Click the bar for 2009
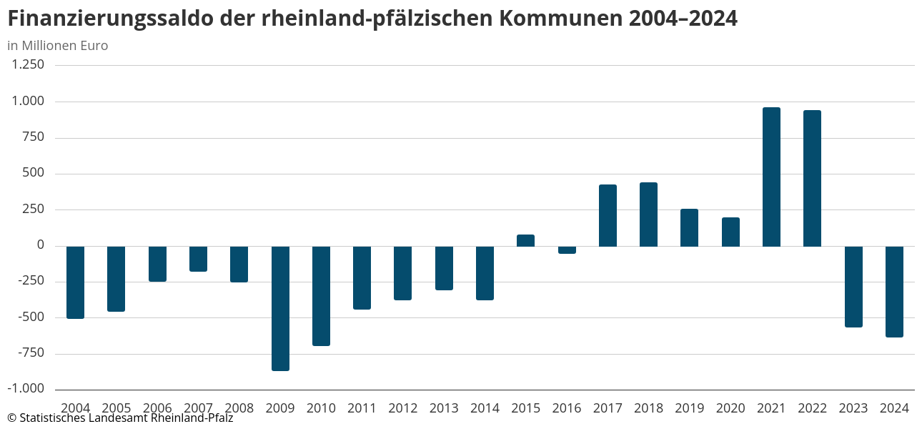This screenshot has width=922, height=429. pos(280,308)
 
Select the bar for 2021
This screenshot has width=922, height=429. pos(771,177)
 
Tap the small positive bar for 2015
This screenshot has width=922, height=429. pos(525,240)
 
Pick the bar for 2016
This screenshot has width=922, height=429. pos(567,250)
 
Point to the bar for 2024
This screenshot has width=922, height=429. pos(894,291)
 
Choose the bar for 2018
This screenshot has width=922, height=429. pos(648,214)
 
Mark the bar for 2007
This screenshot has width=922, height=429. pos(198,259)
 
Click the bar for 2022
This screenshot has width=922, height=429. pos(812,178)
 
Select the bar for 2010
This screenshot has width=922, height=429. pos(321,295)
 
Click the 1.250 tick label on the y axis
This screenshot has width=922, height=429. pos(28,64)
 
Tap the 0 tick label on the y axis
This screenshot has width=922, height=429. pos(40,245)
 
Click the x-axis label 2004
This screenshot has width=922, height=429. pos(75,408)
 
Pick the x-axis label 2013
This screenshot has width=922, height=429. pos(444,408)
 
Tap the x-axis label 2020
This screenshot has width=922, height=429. pos(730,408)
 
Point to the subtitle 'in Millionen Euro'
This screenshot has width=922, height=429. pos(58,46)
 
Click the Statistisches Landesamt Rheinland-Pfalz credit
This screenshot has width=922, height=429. pos(120,418)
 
